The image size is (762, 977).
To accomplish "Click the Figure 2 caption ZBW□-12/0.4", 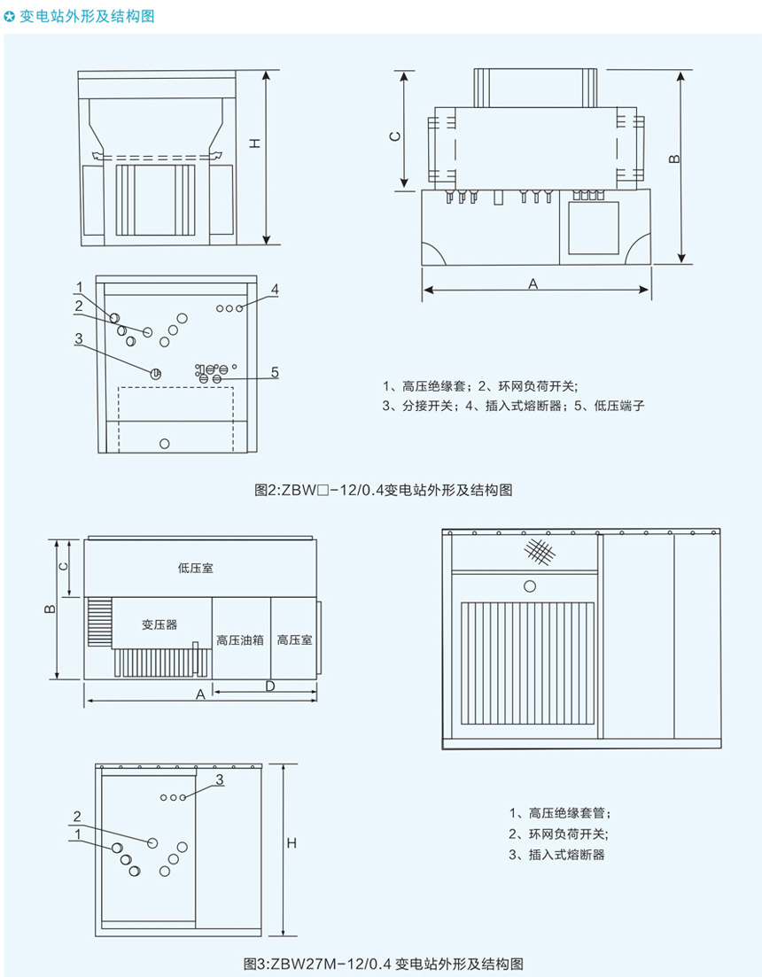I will (x=382, y=489).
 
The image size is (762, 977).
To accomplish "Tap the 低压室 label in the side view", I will (x=195, y=569).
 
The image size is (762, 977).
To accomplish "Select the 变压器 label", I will (x=159, y=624).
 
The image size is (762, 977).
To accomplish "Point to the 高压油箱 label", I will (x=240, y=639).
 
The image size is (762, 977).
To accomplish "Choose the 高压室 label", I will (x=294, y=639).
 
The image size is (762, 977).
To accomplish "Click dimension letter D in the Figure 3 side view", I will (x=270, y=686).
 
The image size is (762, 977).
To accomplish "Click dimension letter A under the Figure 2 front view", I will (x=533, y=283).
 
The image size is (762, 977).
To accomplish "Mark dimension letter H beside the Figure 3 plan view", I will (x=291, y=845).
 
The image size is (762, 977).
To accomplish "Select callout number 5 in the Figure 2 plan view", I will (x=275, y=373).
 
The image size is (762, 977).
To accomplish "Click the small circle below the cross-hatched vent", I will (x=530, y=585).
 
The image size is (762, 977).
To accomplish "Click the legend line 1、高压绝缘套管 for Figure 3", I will (x=559, y=812).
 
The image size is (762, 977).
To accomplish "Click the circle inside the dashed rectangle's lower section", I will (x=163, y=443).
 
